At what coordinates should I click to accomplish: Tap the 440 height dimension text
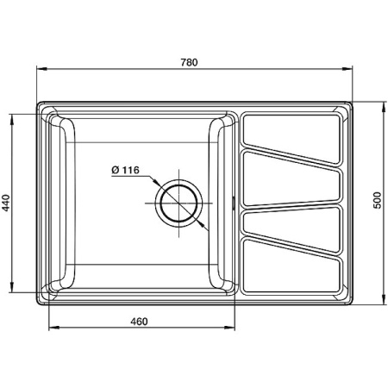point(7,203)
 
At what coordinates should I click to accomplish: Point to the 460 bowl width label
point(141,322)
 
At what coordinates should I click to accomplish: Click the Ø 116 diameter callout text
point(126,170)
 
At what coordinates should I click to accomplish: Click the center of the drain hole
point(179,204)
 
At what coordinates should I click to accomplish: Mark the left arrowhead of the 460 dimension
point(49,329)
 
